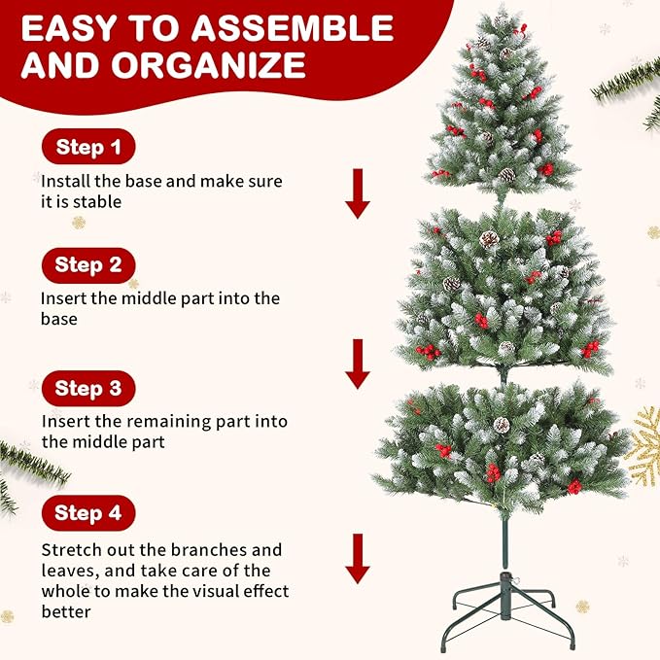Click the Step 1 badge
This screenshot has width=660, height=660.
point(87,148)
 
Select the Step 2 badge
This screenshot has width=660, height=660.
point(87,264)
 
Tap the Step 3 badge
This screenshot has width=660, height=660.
point(87,389)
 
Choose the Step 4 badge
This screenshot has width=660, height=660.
point(87,512)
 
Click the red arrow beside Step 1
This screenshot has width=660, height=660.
point(358,192)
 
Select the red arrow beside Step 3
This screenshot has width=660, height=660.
point(358,364)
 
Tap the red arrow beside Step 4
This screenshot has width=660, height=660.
point(358,557)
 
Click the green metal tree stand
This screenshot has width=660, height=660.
point(505,612)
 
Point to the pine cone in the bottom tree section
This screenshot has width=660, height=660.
point(502,425)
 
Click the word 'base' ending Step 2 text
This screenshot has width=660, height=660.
point(58,319)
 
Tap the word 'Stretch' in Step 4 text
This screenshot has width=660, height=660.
point(71,550)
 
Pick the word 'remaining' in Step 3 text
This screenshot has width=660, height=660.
point(163,422)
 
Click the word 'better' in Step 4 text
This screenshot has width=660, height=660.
point(66,611)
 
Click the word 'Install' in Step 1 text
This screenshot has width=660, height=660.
point(64,181)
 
